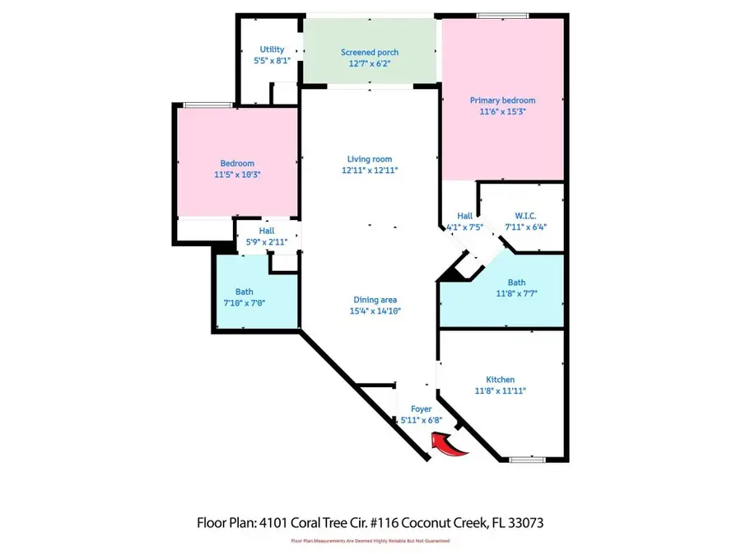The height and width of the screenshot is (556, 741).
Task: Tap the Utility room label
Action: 272,49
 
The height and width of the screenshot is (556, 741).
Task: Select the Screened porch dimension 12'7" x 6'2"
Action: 370,63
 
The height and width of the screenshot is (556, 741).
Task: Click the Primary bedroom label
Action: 502,100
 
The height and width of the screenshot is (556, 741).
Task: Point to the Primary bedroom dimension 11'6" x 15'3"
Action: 502,111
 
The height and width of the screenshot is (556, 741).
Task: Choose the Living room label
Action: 370,159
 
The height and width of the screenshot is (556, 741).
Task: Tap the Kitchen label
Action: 501,380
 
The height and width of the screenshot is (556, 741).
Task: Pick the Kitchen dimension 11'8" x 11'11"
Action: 501,391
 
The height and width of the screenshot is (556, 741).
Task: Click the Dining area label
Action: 375,300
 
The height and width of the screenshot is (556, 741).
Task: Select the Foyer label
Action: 421,409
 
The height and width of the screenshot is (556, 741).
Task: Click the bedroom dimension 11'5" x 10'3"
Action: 237,175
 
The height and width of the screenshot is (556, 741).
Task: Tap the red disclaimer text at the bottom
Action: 370,541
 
